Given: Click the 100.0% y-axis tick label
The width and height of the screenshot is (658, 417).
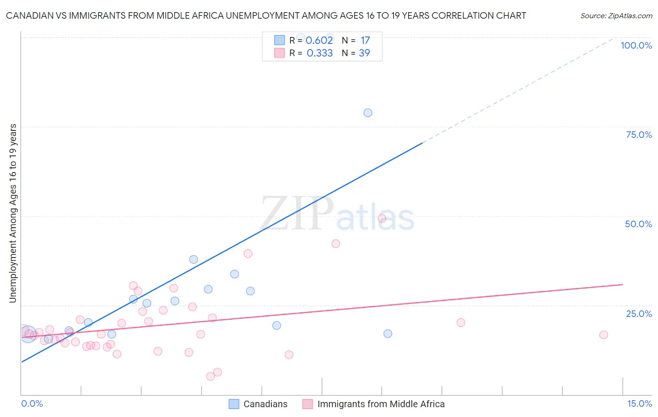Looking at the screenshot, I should [636, 45].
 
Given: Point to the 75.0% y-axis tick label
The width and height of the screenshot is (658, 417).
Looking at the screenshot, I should [639, 135].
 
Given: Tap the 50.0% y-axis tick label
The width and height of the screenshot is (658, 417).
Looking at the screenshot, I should [638, 224].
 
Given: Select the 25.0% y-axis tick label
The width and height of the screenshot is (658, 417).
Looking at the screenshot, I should [639, 314].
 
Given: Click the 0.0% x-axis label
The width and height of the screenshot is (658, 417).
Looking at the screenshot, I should [32, 403].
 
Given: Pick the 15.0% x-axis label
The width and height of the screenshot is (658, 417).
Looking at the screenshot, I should [639, 403].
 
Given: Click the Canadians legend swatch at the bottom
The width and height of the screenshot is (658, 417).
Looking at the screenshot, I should [234, 404].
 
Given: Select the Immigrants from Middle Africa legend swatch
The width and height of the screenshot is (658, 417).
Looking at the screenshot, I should [307, 404].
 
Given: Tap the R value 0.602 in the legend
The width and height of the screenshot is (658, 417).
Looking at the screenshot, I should [319, 41].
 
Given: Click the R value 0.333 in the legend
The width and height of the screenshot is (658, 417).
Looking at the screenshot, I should [320, 53].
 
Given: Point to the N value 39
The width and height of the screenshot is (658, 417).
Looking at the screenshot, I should [364, 53].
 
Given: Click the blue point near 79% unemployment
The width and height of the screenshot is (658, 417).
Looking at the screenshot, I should [368, 113].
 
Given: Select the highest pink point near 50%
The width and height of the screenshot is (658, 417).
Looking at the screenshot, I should [382, 218].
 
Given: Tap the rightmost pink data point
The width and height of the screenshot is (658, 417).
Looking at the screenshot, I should [604, 335].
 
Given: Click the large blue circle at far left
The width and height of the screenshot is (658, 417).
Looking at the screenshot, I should [28, 334].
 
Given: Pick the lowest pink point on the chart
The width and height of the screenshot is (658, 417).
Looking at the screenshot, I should [211, 376].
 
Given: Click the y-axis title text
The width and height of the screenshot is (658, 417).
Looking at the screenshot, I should [13, 213].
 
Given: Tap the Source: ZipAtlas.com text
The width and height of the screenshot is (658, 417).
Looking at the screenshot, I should [616, 16].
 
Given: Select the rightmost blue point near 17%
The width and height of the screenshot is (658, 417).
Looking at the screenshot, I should [387, 334].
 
